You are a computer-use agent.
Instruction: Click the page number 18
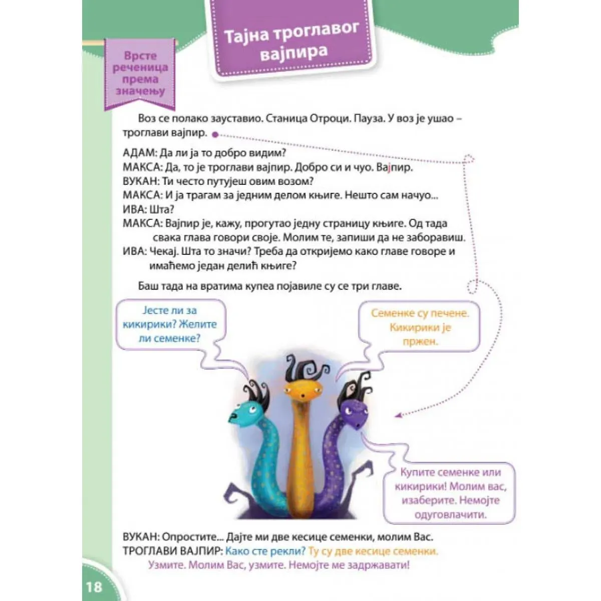tap(94, 586)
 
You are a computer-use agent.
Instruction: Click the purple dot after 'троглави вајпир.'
tap(215, 134)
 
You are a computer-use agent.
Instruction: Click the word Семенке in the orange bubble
tap(394, 314)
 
